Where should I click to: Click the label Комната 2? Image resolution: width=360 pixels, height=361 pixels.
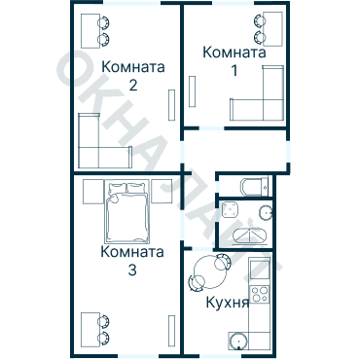click(x=132, y=75)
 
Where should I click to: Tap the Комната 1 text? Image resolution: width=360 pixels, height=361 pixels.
click(x=234, y=61)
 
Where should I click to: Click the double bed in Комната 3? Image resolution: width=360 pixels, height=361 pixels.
click(x=128, y=214)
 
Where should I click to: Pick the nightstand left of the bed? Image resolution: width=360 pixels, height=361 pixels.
click(x=92, y=190)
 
